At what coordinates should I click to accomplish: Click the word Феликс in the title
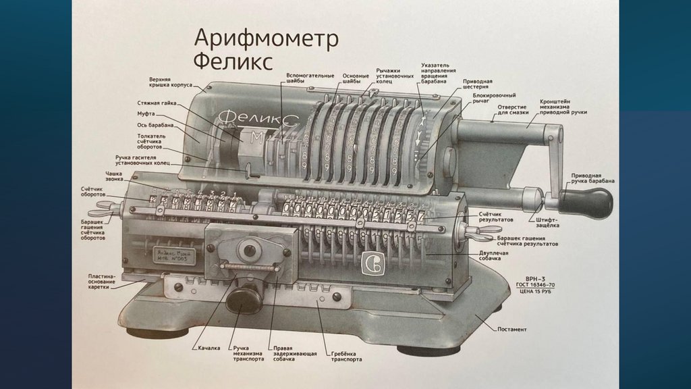tap(233, 62)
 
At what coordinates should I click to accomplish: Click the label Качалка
tap(209, 348)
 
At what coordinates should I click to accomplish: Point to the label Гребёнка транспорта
tap(346, 357)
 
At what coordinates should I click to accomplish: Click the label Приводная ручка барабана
tap(592, 178)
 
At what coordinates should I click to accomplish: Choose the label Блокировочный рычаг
tap(494, 99)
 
